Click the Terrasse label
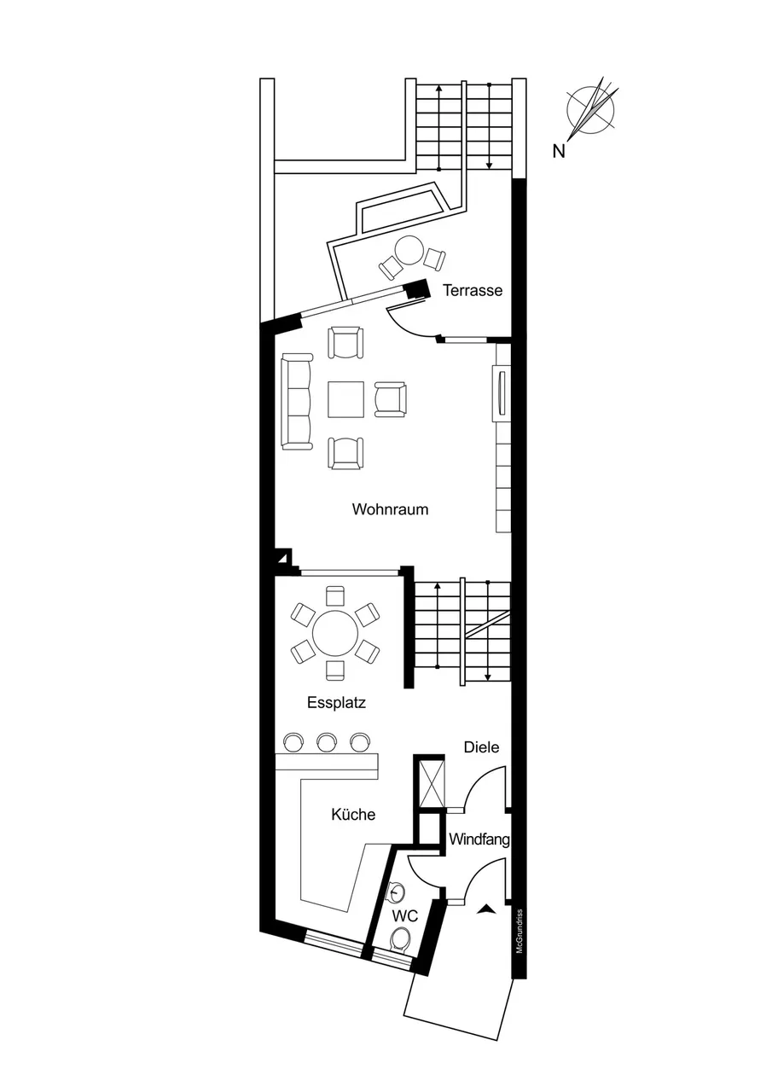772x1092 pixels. pos(473,291)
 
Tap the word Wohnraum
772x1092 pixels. pos(390,510)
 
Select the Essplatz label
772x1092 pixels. pos(336,703)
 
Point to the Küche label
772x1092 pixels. pos(353,814)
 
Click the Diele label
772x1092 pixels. pos(481,746)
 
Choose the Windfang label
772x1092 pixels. pos(479,839)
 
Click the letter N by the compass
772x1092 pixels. pos(559,152)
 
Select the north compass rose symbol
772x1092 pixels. pos(590,110)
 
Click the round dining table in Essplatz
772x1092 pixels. pos(335,634)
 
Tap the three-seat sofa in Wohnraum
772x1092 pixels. pos(296,401)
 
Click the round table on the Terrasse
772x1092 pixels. pos(409,251)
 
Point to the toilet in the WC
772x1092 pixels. pos(401,938)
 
